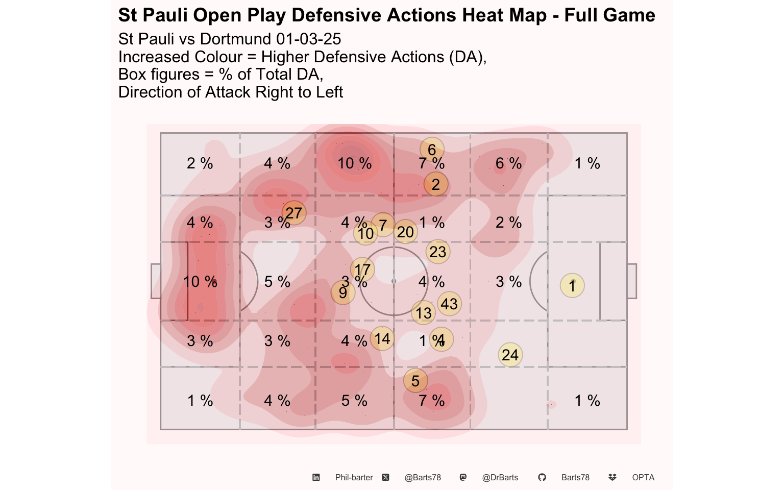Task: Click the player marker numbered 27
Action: pos(294,213)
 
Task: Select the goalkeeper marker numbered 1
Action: pos(572,285)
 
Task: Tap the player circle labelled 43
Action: pos(449,304)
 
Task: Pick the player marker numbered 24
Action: pos(510,355)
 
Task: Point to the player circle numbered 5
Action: pos(415,380)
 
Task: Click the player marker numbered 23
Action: pos(437,252)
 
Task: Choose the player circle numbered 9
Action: pos(343,292)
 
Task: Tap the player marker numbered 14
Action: pos(382,338)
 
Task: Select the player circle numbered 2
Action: pos(435,184)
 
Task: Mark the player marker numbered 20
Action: pos(405,232)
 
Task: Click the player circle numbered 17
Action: pos(362,269)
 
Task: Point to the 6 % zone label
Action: pos(508,163)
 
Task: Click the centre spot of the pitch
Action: pos(394,281)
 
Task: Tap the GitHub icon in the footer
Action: pos(542,477)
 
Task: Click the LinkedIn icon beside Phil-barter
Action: pos(316,477)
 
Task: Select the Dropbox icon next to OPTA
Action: pos(612,477)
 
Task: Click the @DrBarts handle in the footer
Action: pos(500,478)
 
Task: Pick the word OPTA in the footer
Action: pos(643,478)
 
